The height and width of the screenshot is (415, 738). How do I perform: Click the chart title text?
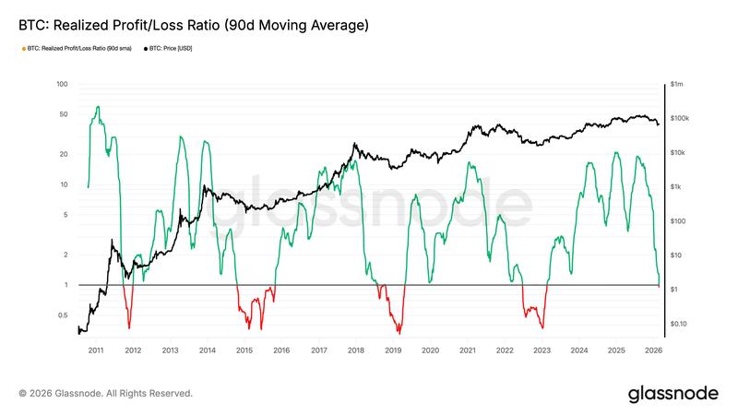click(194, 26)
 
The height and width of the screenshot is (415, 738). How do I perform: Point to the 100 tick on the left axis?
click(64, 84)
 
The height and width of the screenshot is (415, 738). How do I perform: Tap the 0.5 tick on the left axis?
click(64, 315)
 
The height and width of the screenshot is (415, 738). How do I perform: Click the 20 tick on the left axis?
click(64, 154)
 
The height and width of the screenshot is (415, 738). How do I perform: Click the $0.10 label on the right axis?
click(681, 324)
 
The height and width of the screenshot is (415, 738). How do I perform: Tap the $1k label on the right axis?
click(678, 187)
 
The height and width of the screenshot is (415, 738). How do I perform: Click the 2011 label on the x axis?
click(96, 350)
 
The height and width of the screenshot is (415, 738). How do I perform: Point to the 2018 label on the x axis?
click(356, 350)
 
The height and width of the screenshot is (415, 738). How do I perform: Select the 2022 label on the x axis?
click(505, 350)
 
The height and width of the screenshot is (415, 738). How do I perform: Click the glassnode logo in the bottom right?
click(673, 393)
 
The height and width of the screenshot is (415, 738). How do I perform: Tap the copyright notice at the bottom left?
click(105, 393)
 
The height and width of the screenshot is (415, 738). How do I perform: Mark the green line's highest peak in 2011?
click(98, 107)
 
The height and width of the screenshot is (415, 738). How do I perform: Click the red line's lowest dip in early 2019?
click(399, 333)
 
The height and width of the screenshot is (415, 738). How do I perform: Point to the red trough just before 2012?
click(129, 327)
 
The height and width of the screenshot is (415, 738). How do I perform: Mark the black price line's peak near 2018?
click(354, 144)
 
